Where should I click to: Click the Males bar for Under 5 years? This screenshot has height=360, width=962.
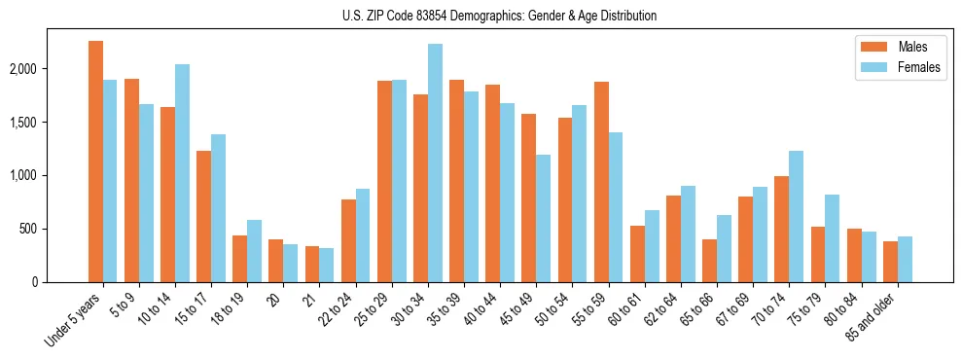pos(95,162)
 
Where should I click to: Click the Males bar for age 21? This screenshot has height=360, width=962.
pos(312,264)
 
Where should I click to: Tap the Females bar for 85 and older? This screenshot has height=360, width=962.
pos(905,259)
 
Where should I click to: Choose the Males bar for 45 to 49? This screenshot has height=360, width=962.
pos(528,198)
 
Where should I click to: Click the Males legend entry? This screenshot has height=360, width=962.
pos(911,47)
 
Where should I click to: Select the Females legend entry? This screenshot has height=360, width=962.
pos(918,67)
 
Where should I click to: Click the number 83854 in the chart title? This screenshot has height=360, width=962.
pos(434,16)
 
